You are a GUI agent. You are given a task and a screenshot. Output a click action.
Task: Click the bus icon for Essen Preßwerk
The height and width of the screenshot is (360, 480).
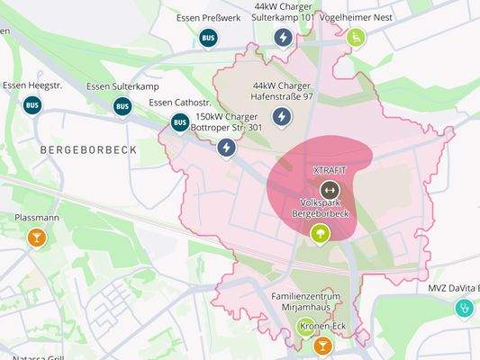(208, 38)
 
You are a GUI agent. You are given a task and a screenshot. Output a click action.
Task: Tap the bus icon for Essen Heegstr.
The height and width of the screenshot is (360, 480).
(32, 105)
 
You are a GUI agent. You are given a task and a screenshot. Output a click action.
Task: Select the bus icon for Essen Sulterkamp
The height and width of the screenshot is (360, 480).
(122, 106)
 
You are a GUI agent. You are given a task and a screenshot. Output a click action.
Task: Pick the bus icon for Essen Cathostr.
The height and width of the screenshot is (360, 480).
(180, 122)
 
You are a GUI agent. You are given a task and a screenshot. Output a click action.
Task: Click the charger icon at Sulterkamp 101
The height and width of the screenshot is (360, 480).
(283, 38)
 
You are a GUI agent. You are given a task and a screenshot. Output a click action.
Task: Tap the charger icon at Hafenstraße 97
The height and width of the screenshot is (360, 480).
(283, 117)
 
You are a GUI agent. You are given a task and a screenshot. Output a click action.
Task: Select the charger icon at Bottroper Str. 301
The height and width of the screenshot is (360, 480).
(227, 147)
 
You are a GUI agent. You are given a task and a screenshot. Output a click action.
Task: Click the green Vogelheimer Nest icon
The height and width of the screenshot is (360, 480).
(356, 38)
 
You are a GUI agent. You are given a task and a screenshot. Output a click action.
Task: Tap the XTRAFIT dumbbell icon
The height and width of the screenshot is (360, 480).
(330, 190)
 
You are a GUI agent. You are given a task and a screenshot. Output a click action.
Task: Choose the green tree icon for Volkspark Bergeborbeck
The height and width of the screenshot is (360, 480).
(320, 234)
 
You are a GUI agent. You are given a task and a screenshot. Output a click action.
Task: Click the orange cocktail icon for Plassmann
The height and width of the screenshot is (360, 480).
(36, 238)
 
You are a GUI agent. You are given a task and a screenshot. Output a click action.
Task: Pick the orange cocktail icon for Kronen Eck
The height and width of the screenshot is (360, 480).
(322, 346)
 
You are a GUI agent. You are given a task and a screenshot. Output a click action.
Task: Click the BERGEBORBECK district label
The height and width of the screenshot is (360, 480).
(89, 150)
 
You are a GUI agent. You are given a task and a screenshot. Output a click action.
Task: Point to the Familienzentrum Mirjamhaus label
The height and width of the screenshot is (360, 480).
(308, 301)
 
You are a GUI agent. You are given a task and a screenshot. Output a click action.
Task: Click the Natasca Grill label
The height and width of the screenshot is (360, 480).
(32, 356)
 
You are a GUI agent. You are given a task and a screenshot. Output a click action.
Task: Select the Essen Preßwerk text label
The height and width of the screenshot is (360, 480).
(208, 16)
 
